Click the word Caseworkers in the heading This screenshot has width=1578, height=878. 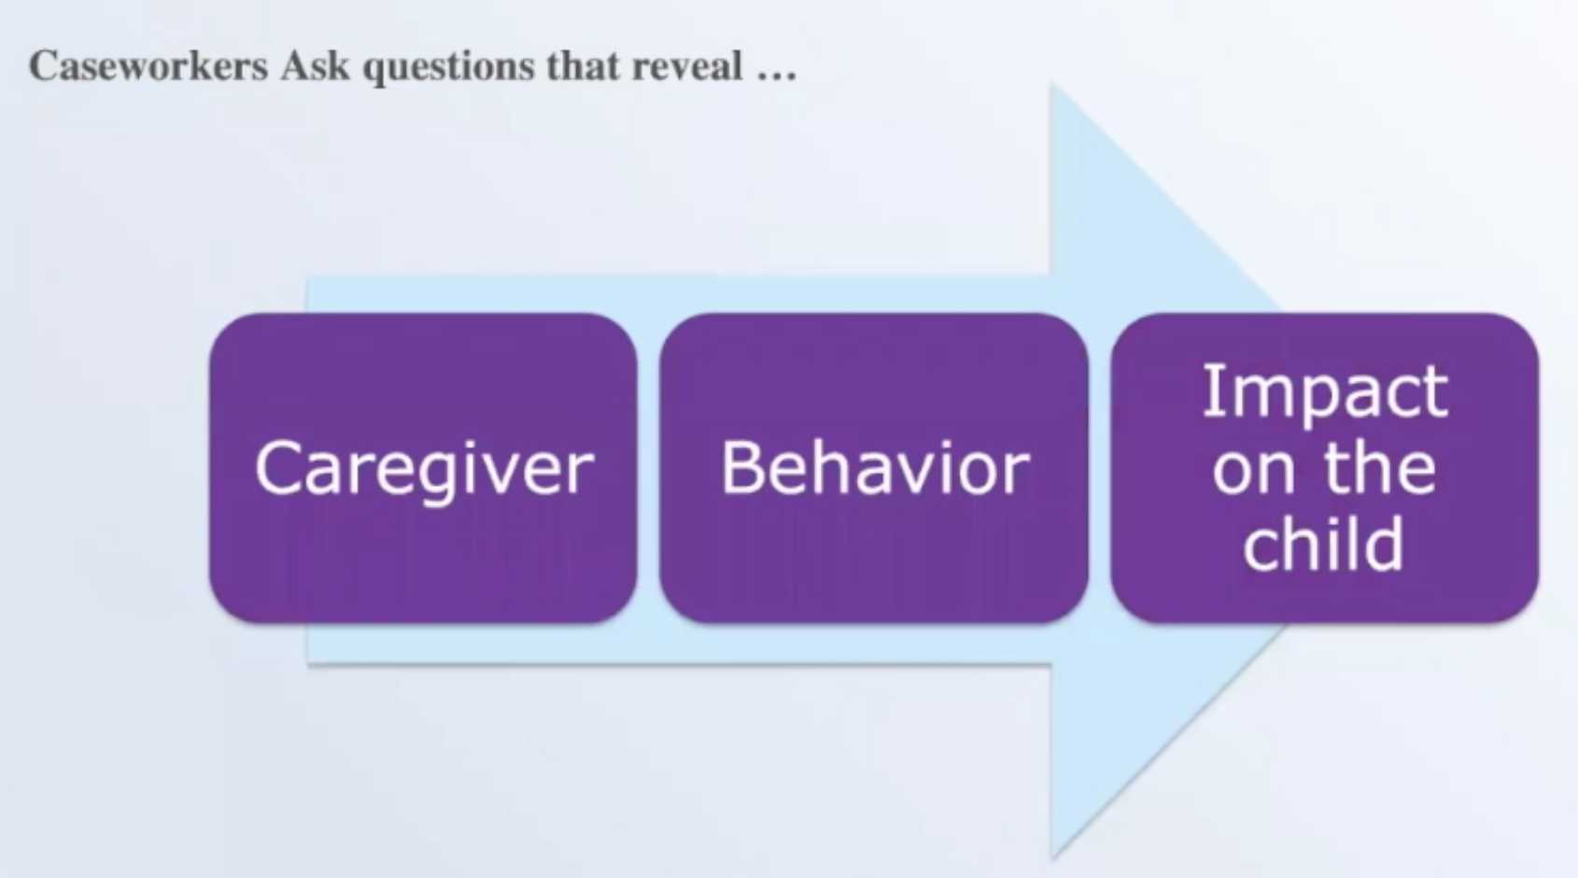click(148, 66)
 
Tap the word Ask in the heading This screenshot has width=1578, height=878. click(315, 66)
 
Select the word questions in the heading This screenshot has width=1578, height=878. click(449, 68)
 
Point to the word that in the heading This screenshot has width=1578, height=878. click(584, 66)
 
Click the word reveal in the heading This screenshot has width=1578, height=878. click(687, 66)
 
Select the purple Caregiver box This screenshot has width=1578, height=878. click(423, 469)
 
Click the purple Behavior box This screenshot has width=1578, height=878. click(874, 469)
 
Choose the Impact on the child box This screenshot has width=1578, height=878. click(1325, 469)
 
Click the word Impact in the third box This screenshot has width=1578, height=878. click(1325, 393)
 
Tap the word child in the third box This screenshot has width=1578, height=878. click(1324, 543)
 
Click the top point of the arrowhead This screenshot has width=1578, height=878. click(1051, 85)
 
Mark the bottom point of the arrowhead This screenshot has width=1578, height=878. click(1051, 858)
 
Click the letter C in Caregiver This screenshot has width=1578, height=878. click(278, 467)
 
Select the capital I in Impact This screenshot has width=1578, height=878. click(1209, 391)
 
